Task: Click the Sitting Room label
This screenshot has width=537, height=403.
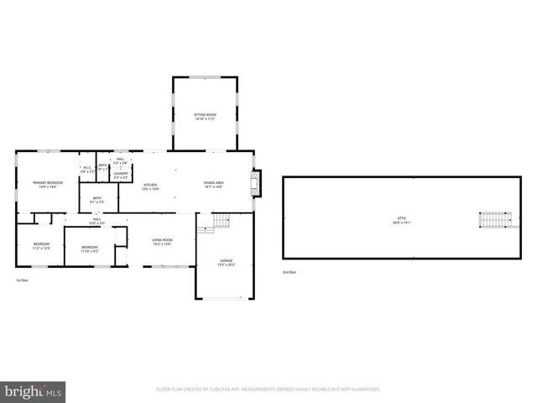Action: coord(206,116)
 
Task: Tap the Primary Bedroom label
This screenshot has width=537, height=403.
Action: coord(48,184)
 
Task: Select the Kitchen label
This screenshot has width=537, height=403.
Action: coord(151,186)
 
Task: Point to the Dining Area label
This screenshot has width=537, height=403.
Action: coord(214,184)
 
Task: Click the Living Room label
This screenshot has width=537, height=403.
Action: coord(162,243)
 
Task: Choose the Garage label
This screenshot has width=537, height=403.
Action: coord(227,263)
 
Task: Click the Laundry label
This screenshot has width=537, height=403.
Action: coord(121,175)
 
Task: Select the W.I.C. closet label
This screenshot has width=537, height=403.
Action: coord(86,169)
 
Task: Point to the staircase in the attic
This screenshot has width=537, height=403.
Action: coord(492,220)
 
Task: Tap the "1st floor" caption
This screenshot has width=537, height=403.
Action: coord(22,280)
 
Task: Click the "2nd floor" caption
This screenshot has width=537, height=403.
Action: coord(289,273)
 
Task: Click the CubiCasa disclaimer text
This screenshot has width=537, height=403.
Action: coord(268,390)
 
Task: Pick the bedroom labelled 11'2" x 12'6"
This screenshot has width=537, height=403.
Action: coord(42,247)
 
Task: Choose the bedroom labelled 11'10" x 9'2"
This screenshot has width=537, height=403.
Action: coord(90,249)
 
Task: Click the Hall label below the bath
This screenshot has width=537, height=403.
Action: coord(97,221)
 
